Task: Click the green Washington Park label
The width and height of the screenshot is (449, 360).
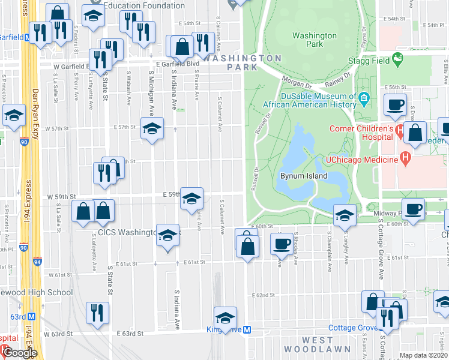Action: click(315, 40)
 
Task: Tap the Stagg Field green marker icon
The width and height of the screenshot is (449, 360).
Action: click(397, 59)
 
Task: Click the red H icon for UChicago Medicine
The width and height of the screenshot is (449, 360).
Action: click(406, 160)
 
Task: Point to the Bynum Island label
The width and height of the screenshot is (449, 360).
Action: click(304, 176)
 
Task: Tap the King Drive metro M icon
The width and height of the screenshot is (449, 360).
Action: click(255, 329)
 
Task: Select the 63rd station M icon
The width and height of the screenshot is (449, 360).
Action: click(32, 316)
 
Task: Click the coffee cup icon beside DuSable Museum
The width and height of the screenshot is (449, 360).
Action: click(395, 104)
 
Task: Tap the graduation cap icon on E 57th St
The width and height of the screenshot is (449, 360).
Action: click(152, 128)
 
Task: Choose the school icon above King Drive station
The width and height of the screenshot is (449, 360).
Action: click(225, 317)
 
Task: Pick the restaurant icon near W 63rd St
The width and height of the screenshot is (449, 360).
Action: click(94, 313)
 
